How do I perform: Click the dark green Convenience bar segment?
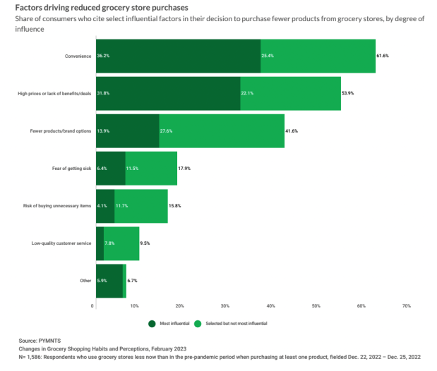(177, 56)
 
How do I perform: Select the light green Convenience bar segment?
(318, 56)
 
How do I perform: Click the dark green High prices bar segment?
(167, 94)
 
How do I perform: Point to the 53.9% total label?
(350, 94)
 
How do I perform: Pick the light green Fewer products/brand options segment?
(222, 131)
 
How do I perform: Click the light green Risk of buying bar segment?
(140, 206)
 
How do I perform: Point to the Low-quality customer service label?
(61, 243)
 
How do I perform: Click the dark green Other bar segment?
(108, 281)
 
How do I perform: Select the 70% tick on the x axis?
(406, 306)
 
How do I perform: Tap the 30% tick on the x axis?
(225, 306)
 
